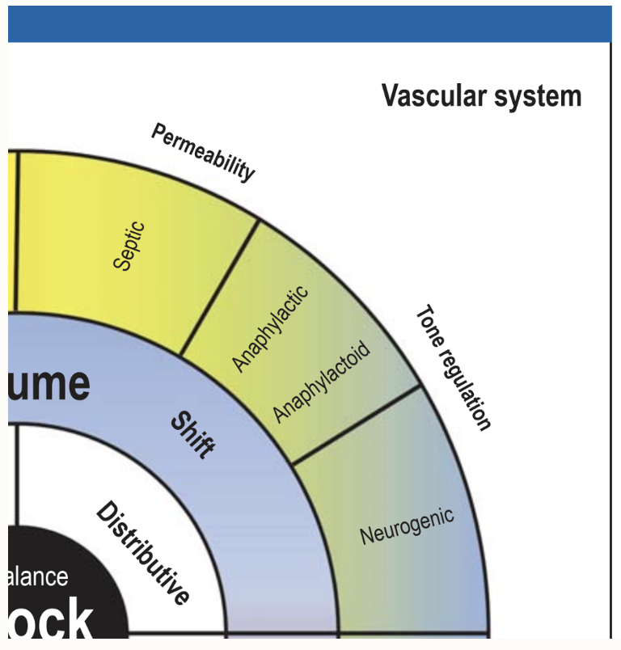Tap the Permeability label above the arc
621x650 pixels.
click(204, 152)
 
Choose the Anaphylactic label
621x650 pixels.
click(270, 328)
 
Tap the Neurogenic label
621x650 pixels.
click(406, 524)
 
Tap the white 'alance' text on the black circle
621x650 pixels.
click(38, 577)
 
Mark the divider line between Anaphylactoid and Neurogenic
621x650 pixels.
click(356, 425)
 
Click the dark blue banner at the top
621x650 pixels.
click(310, 23)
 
